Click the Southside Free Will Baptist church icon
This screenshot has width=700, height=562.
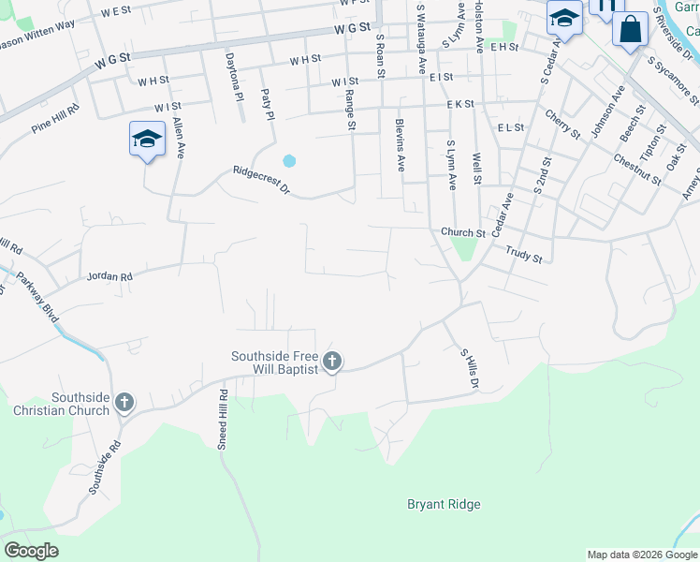(331, 362)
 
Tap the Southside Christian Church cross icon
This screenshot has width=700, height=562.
(124, 404)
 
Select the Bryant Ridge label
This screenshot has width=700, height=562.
(444, 505)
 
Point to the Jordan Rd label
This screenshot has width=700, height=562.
(109, 276)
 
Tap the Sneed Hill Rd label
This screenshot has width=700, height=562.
(223, 420)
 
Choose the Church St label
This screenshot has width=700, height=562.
(463, 233)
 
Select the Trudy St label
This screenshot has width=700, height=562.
(524, 252)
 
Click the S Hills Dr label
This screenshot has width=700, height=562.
(469, 369)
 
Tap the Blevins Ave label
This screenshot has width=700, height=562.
(401, 144)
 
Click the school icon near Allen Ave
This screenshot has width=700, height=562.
(147, 140)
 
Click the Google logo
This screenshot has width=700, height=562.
(31, 551)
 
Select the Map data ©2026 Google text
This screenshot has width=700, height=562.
(641, 555)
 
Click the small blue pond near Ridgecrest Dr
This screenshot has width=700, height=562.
(289, 160)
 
